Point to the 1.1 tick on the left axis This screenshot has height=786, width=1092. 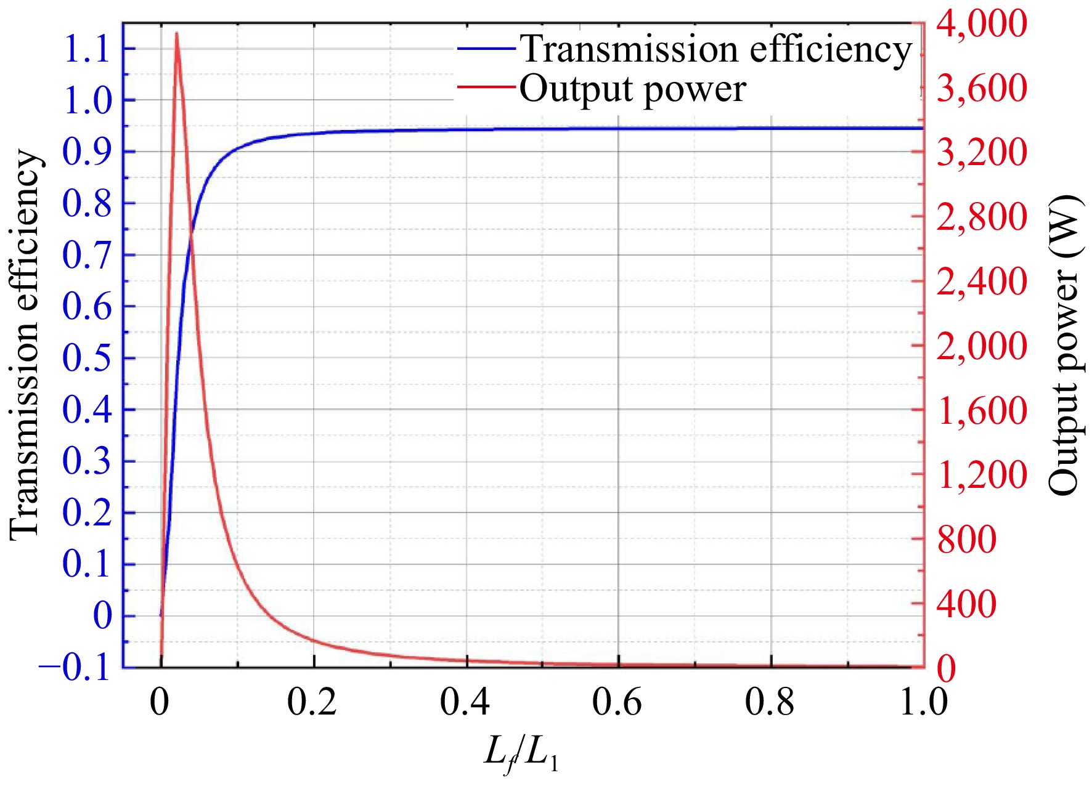pos(87,49)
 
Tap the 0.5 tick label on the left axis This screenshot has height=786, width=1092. pos(87,358)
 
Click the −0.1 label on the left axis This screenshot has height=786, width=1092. pos(75,668)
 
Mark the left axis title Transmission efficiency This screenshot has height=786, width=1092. pos(26,345)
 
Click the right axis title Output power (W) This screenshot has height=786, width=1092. pos(1065,345)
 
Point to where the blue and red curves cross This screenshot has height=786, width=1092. pos(190,235)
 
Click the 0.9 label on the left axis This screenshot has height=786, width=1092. pos(87,152)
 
